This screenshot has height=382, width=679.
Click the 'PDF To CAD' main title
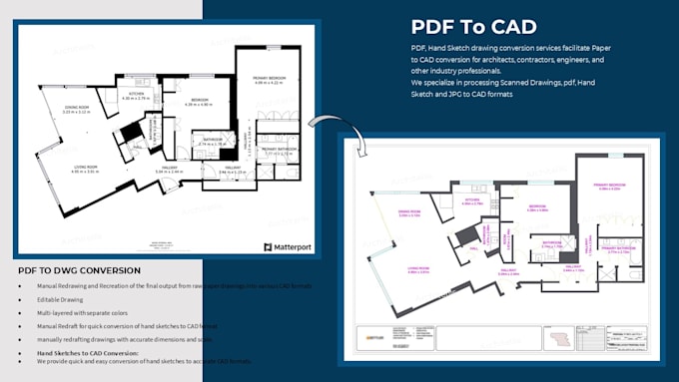(x=473, y=27)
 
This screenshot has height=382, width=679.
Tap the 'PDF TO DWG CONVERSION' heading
(x=79, y=271)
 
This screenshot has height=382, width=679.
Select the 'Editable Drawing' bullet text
(x=59, y=299)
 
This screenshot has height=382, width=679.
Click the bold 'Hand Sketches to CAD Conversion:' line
(x=87, y=352)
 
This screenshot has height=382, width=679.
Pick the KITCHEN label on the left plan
(x=136, y=96)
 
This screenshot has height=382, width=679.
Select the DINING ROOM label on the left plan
(x=77, y=110)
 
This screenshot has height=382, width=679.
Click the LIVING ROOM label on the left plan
(x=84, y=170)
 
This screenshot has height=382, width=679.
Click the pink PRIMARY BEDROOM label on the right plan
(x=610, y=186)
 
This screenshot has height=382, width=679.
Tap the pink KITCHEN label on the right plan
(x=472, y=202)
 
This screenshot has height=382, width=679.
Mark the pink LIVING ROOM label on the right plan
(x=418, y=271)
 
